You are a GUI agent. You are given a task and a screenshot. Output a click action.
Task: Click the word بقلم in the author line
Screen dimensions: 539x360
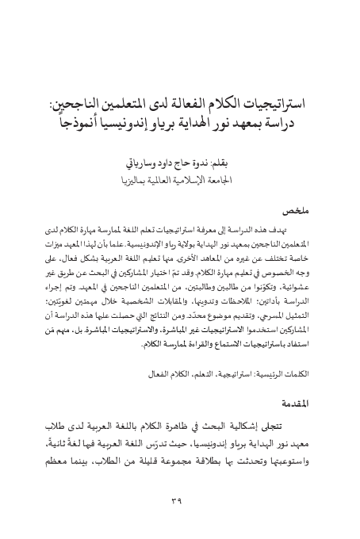[229, 164]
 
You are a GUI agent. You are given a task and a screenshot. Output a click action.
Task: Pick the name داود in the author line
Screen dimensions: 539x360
[167, 164]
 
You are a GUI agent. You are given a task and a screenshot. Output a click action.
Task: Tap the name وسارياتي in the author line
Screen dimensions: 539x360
[135, 164]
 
